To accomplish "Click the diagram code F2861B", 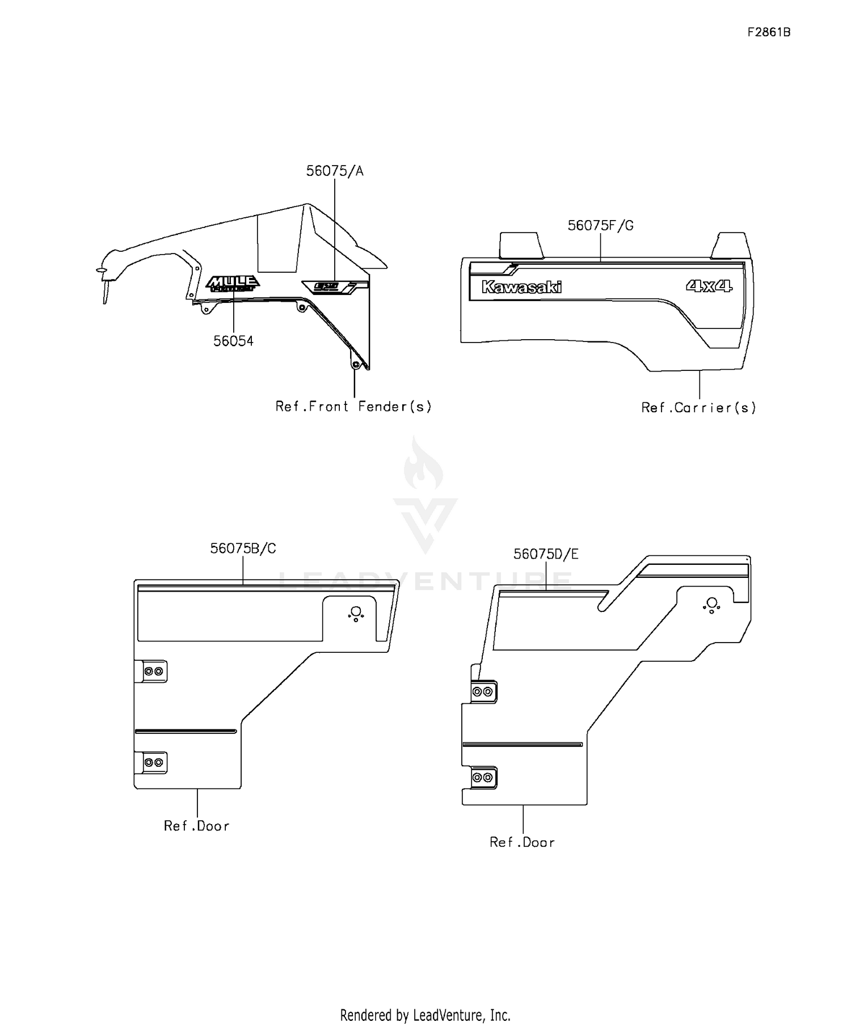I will (769, 32).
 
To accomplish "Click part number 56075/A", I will (335, 171).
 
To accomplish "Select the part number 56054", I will (233, 341).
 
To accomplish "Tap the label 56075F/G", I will (600, 226).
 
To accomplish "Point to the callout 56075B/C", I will (243, 548).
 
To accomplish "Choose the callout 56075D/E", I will (546, 554).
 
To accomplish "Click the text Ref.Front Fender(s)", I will (353, 407).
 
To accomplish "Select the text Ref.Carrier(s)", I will (698, 408).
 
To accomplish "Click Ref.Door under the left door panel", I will (197, 826).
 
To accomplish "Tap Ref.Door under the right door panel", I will (522, 842).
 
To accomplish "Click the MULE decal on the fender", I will (233, 283).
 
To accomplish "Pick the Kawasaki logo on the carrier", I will (521, 287).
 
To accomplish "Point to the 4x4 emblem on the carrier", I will (709, 286).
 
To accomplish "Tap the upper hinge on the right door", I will (483, 691).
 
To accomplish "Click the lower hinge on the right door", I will (483, 778).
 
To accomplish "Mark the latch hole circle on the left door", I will (356, 611).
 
